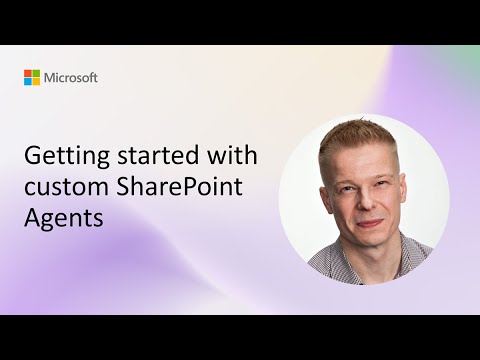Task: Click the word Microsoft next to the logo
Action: tap(70, 77)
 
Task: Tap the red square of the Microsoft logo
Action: tap(28, 73)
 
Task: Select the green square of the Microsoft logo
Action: tap(36, 73)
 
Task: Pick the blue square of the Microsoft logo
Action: tap(28, 81)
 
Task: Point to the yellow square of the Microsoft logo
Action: tap(36, 81)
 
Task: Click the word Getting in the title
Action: tap(59, 158)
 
